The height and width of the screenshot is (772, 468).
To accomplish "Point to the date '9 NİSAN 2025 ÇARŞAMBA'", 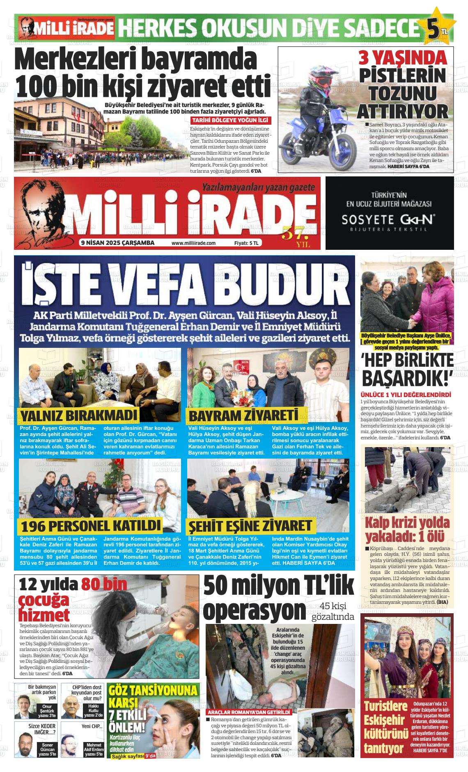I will [117, 243].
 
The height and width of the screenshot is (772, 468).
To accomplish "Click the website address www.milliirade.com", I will [193, 243].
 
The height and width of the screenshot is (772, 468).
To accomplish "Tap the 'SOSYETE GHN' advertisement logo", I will [389, 219].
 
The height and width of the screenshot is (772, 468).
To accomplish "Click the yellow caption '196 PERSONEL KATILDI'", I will [91, 526].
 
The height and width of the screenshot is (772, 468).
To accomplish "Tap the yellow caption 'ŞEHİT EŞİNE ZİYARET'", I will [250, 526].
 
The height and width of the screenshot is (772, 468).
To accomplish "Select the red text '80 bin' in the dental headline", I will [104, 585].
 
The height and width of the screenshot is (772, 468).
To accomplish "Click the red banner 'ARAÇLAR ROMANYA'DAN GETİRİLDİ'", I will [249, 712].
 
